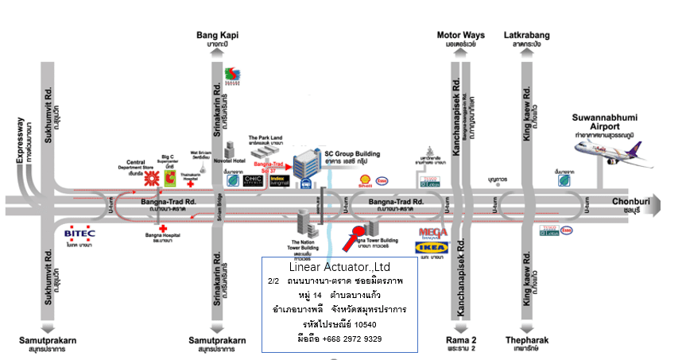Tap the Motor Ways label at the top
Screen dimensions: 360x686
pos(460,35)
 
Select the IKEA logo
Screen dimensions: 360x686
pos(427,248)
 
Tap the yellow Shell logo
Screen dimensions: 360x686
pos(367,180)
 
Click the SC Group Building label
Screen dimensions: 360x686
pos(352,153)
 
